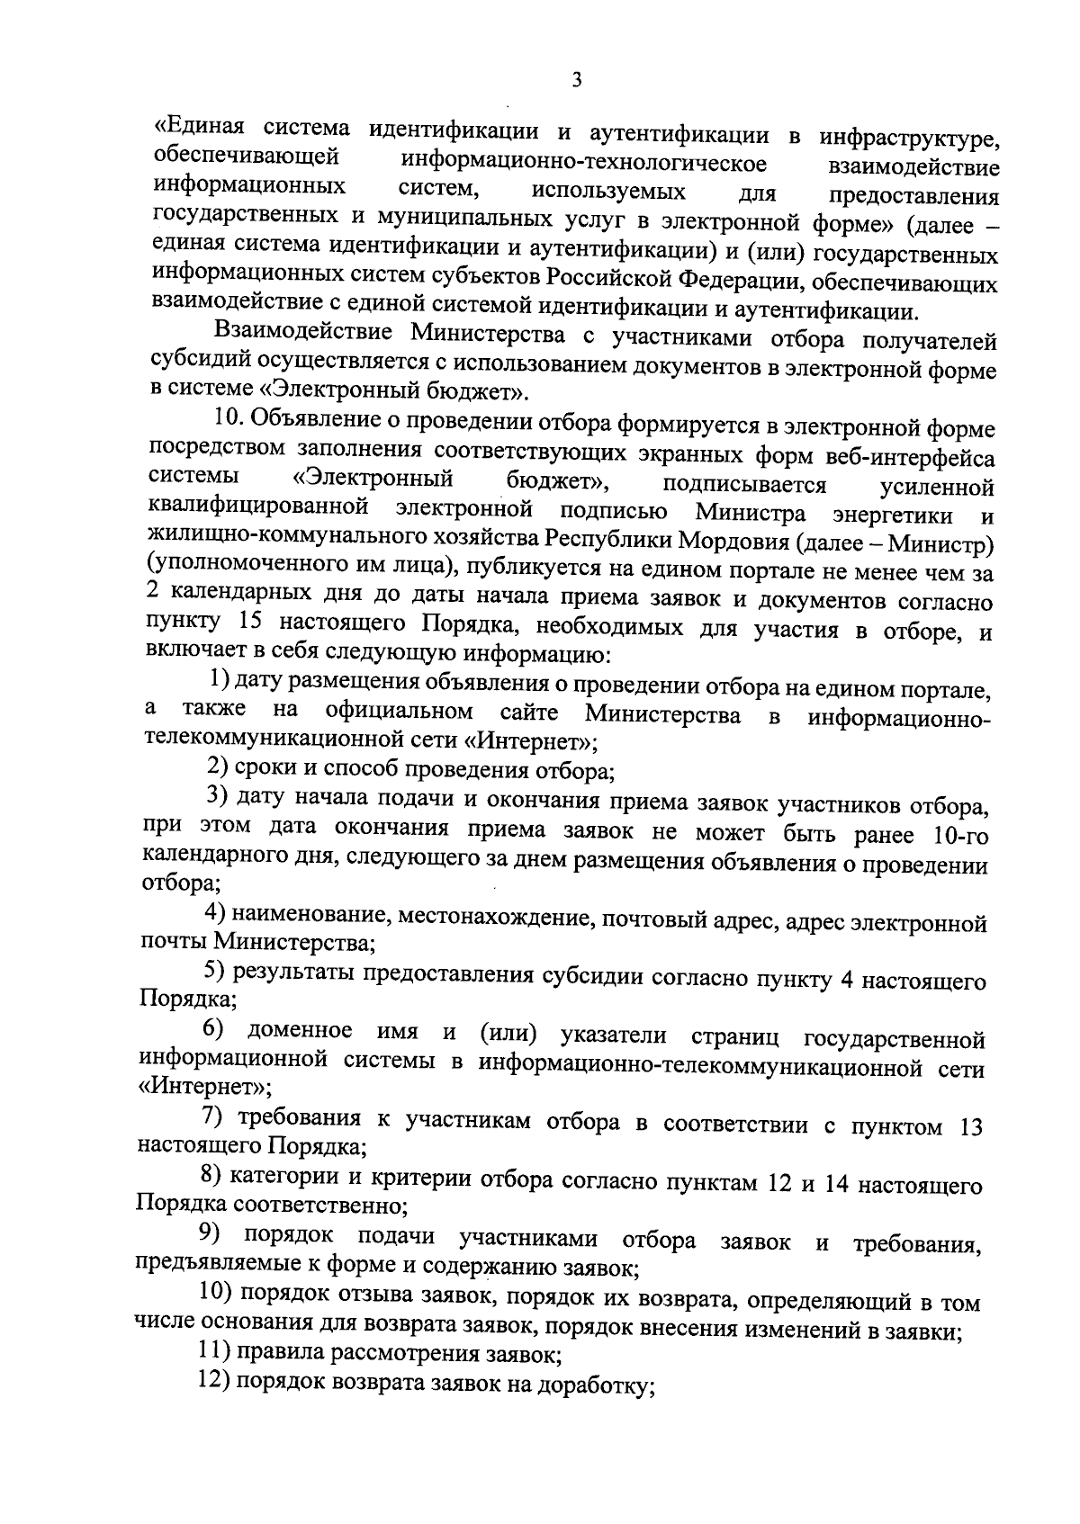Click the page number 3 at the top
coord(577,80)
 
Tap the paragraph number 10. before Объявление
coord(229,418)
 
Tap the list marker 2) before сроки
coord(217,767)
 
